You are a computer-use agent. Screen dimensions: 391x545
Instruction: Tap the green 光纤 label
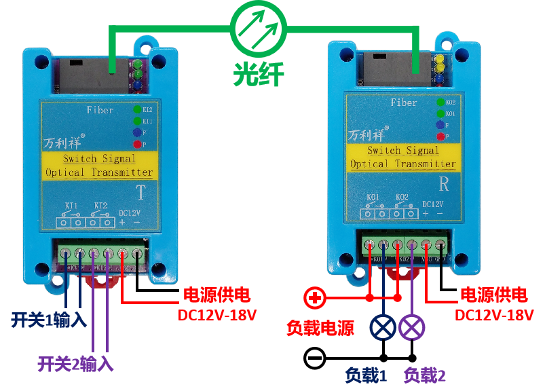(x=259, y=73)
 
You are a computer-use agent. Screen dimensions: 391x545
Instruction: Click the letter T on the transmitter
(x=140, y=192)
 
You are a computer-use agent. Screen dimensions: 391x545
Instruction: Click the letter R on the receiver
(x=444, y=184)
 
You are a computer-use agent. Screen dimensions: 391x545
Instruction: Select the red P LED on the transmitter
(x=137, y=145)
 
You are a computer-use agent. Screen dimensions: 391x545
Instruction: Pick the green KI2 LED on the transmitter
(x=137, y=109)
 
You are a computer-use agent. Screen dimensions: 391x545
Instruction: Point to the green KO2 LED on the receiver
(x=440, y=103)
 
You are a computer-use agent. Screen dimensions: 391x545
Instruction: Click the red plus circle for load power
(x=314, y=297)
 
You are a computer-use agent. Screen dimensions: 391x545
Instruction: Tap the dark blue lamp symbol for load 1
(x=383, y=328)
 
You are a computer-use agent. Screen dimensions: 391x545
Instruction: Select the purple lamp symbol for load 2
(x=412, y=328)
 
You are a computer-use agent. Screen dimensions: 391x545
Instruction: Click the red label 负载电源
(x=320, y=329)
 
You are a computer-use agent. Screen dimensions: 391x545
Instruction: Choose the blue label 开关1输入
(x=48, y=320)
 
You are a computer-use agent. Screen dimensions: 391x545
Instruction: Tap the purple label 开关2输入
(x=75, y=365)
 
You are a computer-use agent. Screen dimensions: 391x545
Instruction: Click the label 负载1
(x=366, y=375)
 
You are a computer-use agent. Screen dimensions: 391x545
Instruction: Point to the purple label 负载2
(x=425, y=375)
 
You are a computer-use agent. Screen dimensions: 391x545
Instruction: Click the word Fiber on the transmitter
(x=100, y=110)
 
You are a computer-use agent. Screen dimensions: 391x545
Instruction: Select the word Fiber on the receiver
(x=404, y=103)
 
